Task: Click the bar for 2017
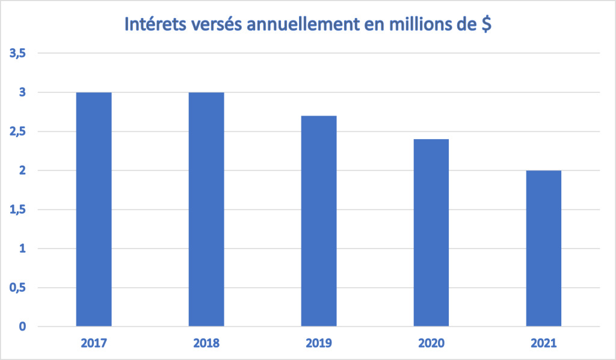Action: click(x=94, y=209)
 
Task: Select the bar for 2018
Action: click(x=206, y=209)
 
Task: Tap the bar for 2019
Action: click(x=319, y=221)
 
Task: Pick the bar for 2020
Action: click(x=431, y=233)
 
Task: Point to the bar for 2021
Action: click(x=544, y=249)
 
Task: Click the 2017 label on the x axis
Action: click(x=94, y=344)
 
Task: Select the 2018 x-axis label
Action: click(x=206, y=344)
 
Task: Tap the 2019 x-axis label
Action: click(x=319, y=344)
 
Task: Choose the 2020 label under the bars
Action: click(x=431, y=344)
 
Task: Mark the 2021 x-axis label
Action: click(x=544, y=344)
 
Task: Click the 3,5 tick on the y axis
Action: click(x=17, y=54)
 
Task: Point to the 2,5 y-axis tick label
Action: click(x=17, y=132)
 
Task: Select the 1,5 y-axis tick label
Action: click(x=17, y=209)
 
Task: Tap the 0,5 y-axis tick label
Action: click(x=17, y=288)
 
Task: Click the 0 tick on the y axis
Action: click(x=22, y=327)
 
